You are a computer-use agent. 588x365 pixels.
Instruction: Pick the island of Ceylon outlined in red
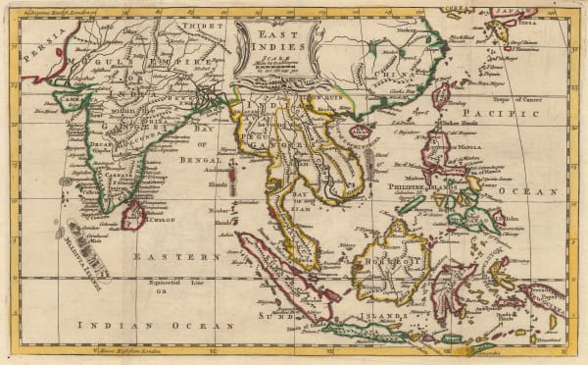[132, 214]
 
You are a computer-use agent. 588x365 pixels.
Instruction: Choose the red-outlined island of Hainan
[361, 130]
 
